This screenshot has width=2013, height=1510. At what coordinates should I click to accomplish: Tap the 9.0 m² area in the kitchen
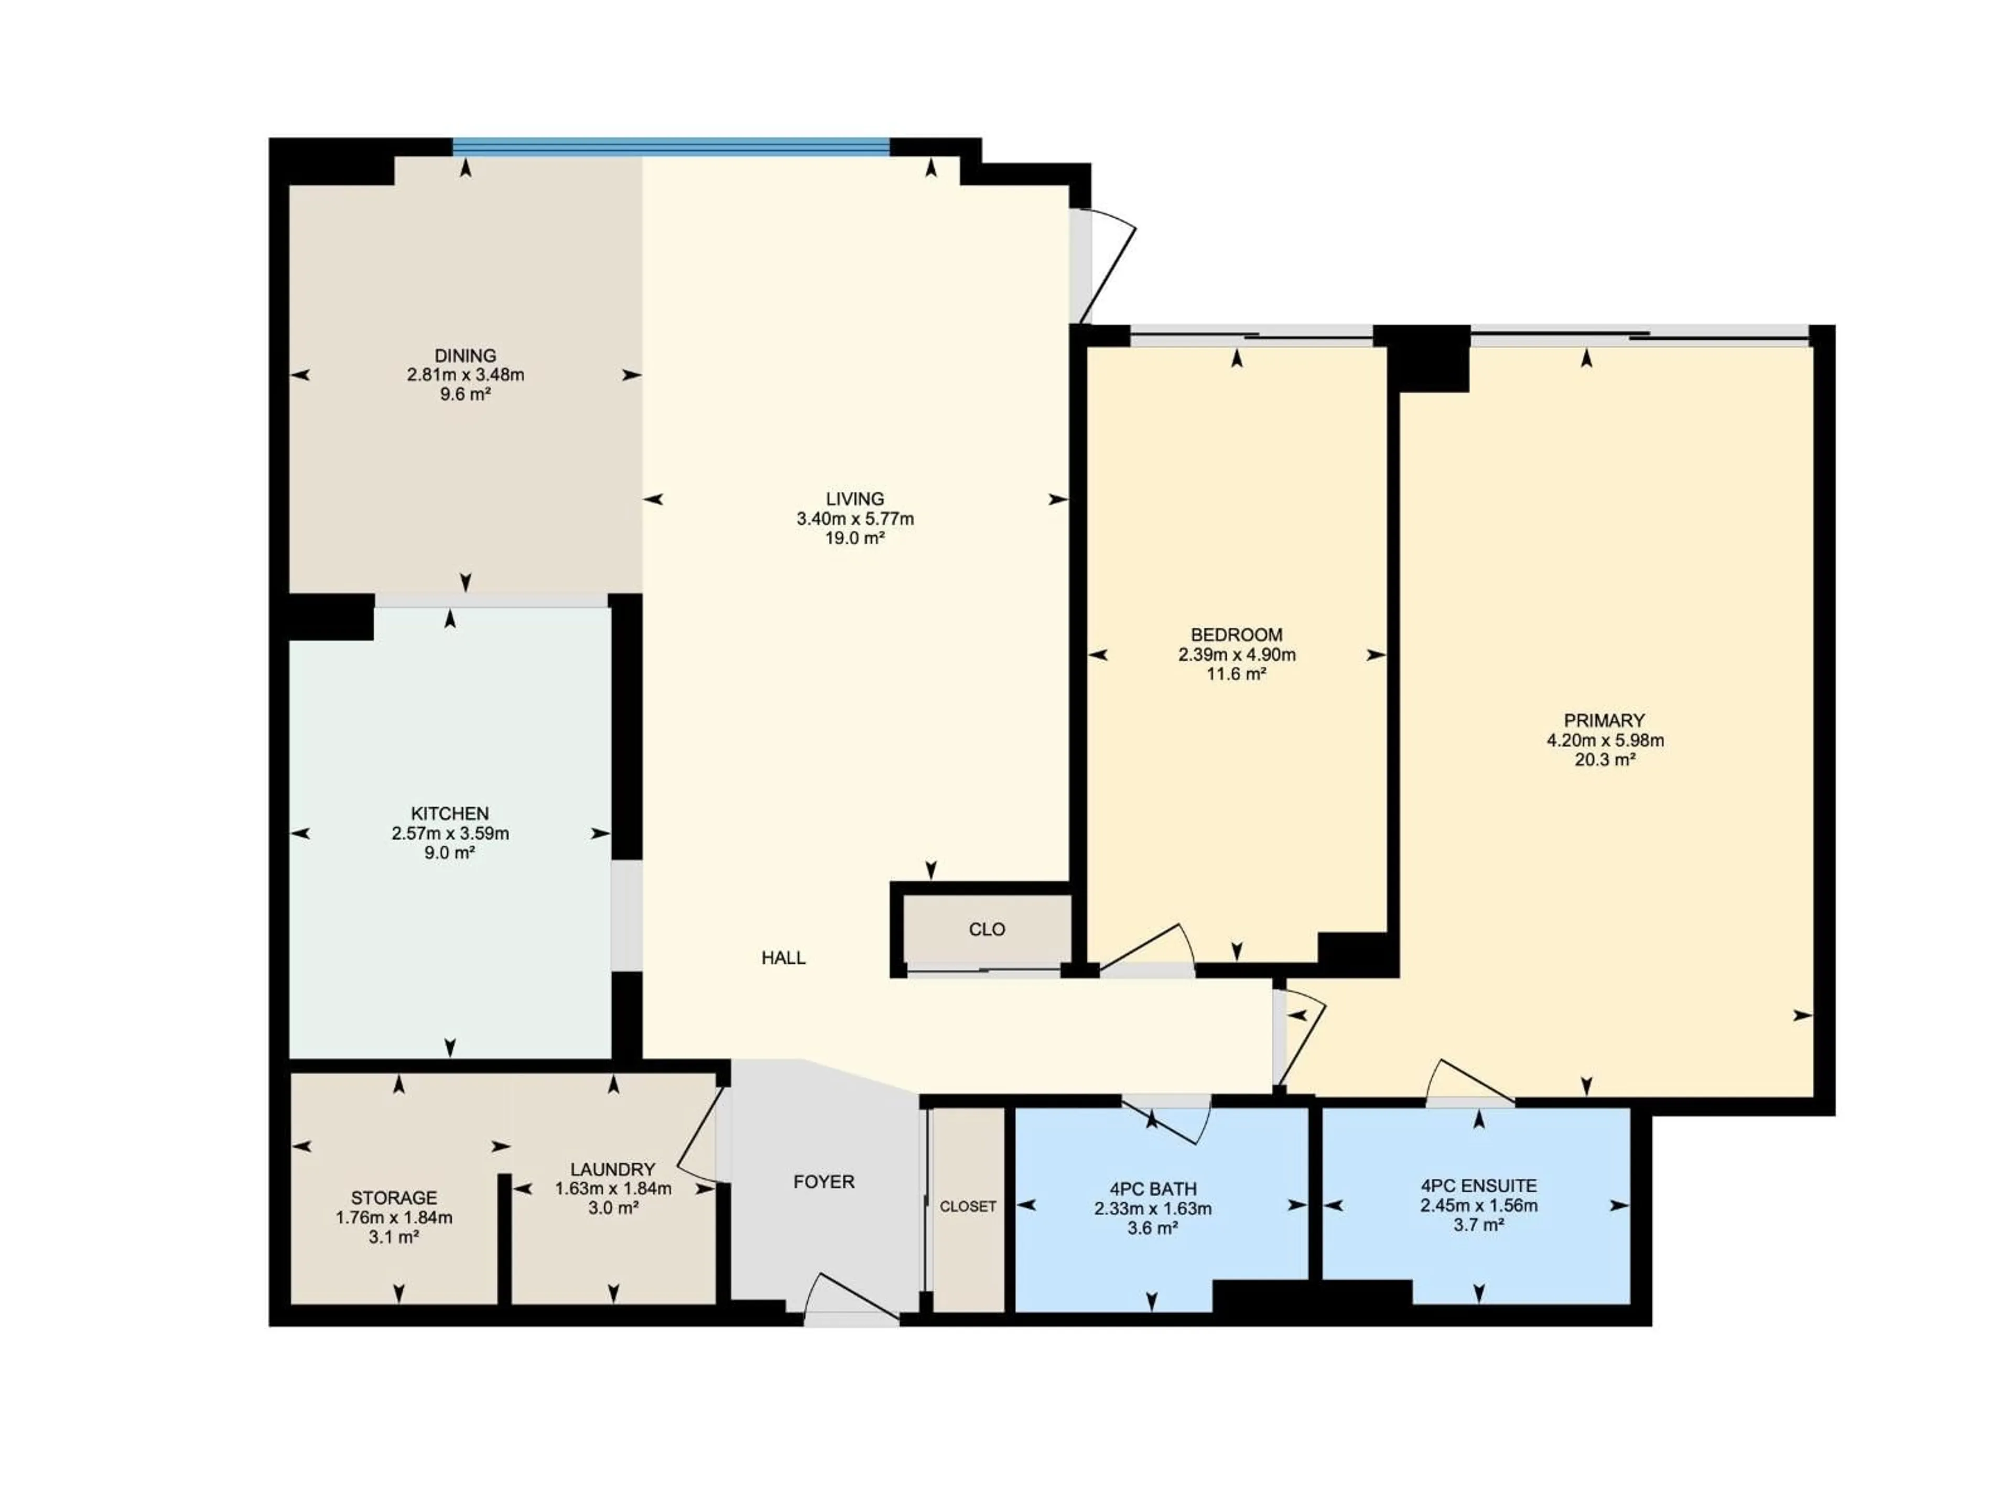[x=450, y=853]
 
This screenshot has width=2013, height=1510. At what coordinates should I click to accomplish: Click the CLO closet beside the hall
[x=987, y=929]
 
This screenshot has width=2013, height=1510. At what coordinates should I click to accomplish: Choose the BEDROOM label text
[x=1236, y=634]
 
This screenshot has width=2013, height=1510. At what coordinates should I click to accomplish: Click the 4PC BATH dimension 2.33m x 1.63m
[x=1152, y=1209]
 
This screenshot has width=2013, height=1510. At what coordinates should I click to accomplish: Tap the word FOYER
[x=824, y=1181]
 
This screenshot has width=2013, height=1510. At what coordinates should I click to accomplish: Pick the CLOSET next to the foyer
[x=967, y=1206]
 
